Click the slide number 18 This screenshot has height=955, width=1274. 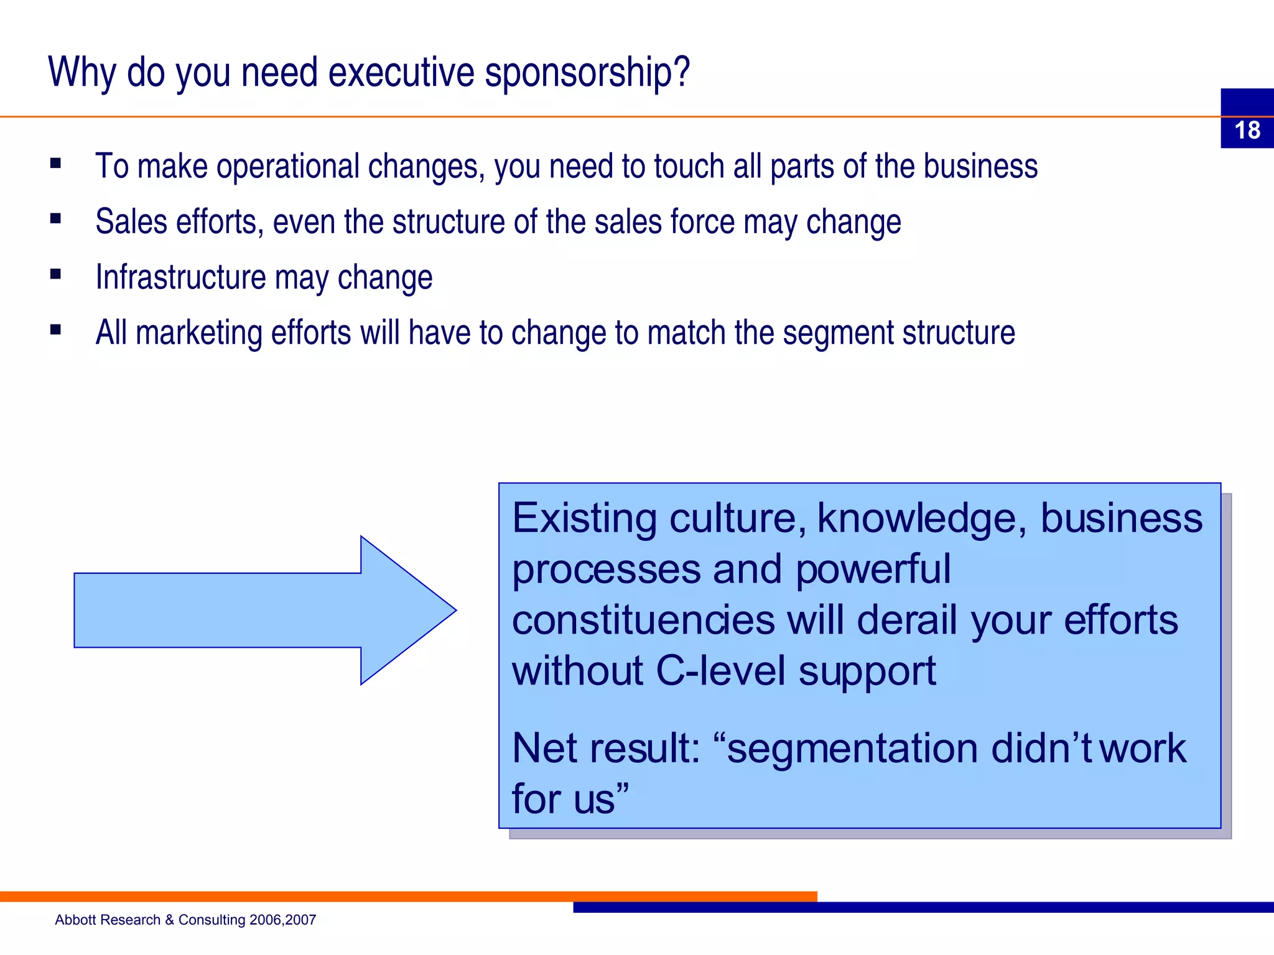1247,130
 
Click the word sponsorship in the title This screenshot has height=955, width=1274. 587,73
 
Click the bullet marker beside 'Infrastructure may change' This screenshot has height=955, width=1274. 56,274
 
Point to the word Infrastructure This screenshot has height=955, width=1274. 180,277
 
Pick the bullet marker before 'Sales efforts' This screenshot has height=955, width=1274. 56,218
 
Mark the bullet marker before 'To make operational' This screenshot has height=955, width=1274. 56,164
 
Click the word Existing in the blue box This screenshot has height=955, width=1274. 584,518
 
